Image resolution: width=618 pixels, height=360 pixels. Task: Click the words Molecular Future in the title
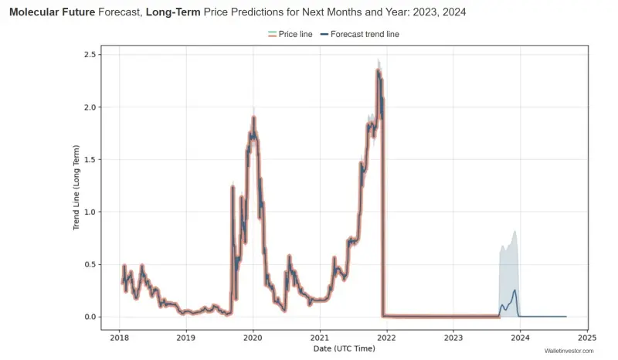[x=52, y=13]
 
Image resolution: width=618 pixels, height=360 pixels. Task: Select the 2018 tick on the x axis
[x=119, y=338]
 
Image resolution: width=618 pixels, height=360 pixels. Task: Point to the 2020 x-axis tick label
[x=253, y=338]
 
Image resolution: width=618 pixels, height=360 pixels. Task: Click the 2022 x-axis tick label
[x=387, y=338]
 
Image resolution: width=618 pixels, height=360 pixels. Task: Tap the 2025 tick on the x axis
[x=587, y=338]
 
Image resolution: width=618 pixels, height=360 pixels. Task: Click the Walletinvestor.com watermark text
[x=569, y=352]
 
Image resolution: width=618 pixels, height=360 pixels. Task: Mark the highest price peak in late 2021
[x=378, y=70]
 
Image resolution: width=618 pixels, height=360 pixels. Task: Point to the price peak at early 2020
[x=253, y=118]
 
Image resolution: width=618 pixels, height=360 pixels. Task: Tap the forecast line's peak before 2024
[x=514, y=290]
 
